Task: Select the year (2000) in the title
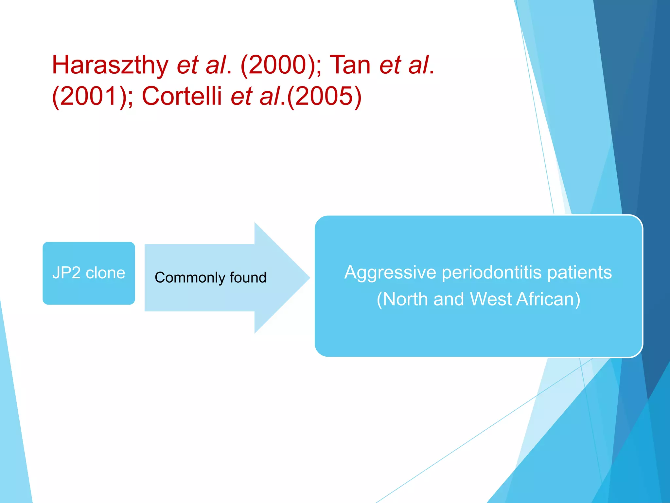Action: (278, 65)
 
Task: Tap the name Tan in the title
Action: (350, 65)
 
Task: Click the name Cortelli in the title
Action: (182, 96)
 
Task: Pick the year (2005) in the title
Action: (324, 96)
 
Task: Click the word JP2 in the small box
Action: (66, 273)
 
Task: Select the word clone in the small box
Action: (105, 273)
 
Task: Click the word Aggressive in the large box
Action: (390, 273)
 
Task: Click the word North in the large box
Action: (405, 299)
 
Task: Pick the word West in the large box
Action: (490, 299)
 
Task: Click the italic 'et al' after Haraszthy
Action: (201, 65)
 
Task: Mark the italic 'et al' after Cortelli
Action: (255, 96)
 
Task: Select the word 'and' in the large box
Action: (449, 299)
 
